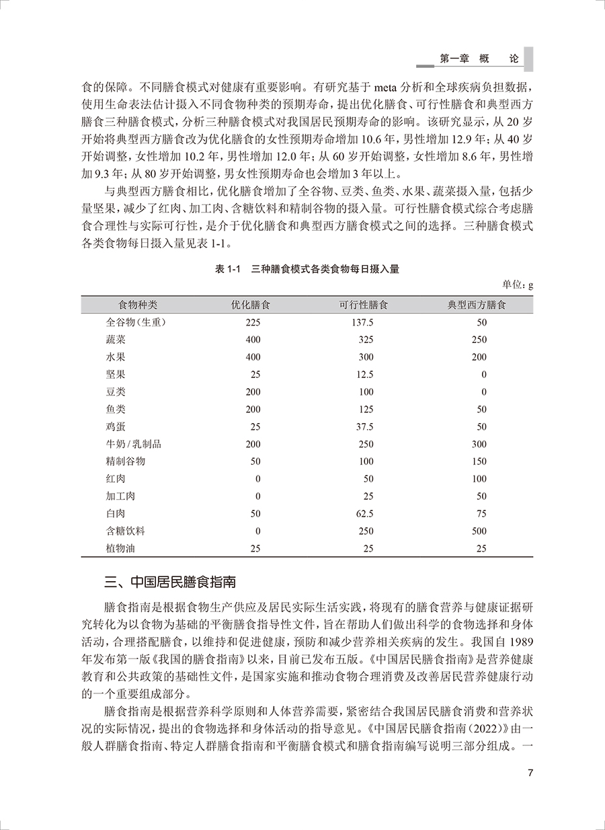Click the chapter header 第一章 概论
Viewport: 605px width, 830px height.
click(479, 59)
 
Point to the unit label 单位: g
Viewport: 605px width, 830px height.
click(518, 285)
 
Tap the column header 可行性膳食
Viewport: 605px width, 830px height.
click(363, 305)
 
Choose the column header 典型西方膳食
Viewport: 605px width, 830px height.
click(477, 305)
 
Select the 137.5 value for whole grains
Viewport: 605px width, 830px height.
click(362, 322)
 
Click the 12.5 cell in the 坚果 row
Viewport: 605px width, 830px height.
click(364, 375)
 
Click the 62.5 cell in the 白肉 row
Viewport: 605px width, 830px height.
click(364, 514)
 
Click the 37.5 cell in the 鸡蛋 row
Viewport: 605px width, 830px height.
click(364, 427)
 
